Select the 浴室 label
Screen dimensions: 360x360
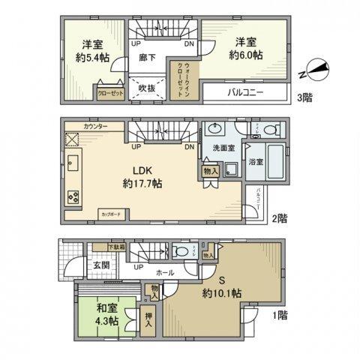pos(255,162)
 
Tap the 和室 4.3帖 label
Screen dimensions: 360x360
pos(106,313)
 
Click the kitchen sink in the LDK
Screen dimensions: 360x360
pos(73,164)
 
